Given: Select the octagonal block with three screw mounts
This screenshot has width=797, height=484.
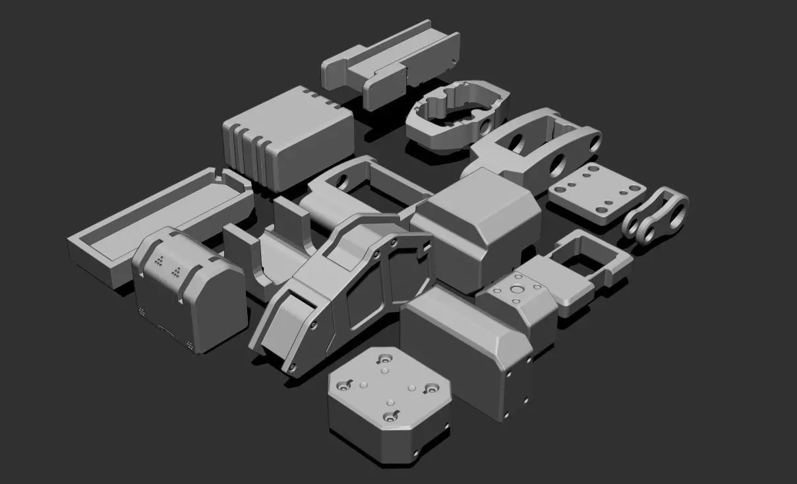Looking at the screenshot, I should coord(389,402).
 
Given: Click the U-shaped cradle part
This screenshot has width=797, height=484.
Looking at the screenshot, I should coord(270,257).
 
